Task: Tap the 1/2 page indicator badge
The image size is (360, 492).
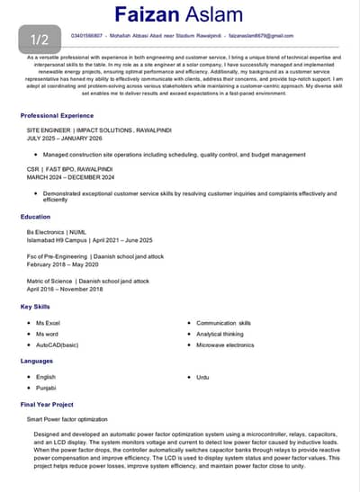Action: click(40, 40)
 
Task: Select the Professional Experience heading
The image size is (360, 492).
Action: click(57, 115)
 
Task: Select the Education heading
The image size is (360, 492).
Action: click(35, 217)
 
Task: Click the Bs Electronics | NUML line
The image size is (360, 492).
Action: click(60, 232)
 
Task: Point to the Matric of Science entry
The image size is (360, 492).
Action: click(87, 281)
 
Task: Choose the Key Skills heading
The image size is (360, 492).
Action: click(37, 307)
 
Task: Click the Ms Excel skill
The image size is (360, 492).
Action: click(48, 322)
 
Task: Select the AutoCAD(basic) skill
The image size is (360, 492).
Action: click(58, 344)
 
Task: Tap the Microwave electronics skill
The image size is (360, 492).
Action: click(225, 344)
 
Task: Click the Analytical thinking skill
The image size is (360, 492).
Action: click(220, 334)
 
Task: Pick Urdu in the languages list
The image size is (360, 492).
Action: click(202, 377)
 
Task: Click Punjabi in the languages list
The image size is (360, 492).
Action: click(46, 388)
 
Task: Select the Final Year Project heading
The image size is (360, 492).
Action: click(47, 405)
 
